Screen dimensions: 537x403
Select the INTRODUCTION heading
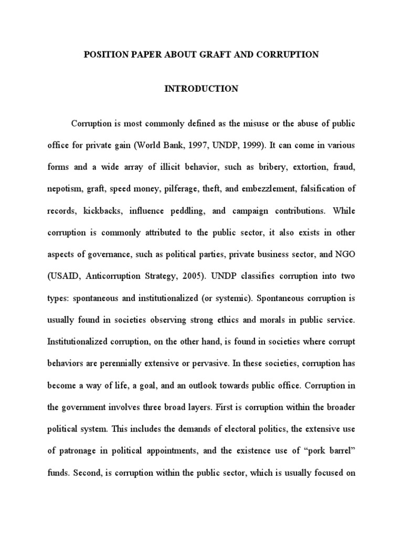[201, 89]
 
